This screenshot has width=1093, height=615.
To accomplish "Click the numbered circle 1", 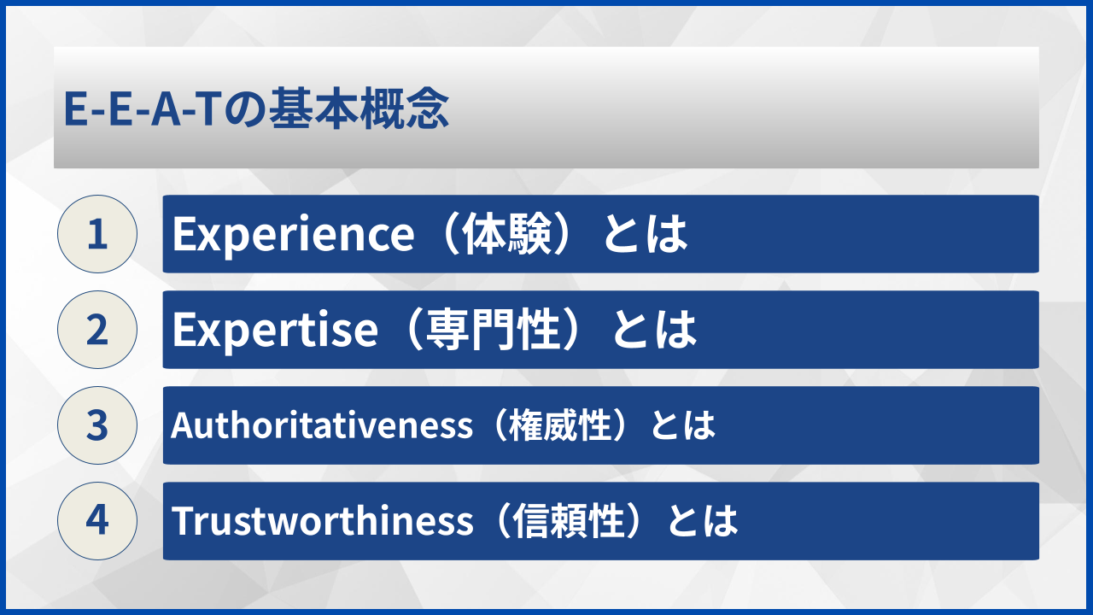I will pos(97,234).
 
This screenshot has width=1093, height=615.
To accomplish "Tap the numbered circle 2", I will pos(97,330).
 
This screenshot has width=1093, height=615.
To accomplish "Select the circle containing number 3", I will pos(97,425).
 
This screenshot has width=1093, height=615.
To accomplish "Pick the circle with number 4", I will pos(97,521).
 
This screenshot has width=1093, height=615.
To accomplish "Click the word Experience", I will pos(293,235).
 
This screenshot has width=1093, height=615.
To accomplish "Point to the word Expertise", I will pos(274,331).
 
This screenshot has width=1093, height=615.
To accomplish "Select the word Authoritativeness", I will pos(321,425).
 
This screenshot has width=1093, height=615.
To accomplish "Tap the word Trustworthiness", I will pos(322,521).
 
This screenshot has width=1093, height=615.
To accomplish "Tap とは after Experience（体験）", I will pos(646,235).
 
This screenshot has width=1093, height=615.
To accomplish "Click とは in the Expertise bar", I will pos(656,331).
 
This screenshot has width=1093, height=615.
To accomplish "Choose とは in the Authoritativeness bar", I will pos(683,425).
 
